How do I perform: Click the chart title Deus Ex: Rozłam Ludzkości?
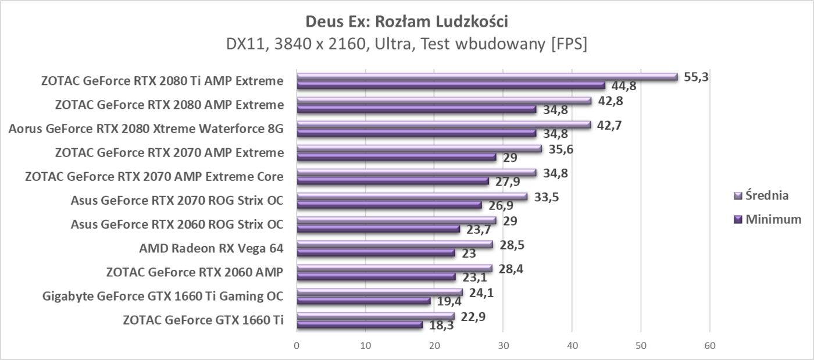coord(406,22)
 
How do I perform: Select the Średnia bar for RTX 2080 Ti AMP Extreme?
coord(487,77)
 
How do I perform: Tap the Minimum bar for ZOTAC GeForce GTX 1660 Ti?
coord(359,325)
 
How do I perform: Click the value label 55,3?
coord(696,77)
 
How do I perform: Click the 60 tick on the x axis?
coord(709,345)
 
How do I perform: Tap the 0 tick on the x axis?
coord(297,345)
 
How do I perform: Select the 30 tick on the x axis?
coord(504,345)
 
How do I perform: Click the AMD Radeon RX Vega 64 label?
coord(211,248)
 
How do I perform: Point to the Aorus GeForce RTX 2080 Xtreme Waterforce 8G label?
coord(146,128)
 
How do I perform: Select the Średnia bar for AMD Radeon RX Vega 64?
coord(395,244)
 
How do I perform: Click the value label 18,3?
coord(441,325)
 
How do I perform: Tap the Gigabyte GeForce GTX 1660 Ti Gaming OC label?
coord(163,296)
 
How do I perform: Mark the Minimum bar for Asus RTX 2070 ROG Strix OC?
coord(390,205)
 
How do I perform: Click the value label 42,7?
coord(609,124)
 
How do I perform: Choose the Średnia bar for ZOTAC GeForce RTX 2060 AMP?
coord(395,268)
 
